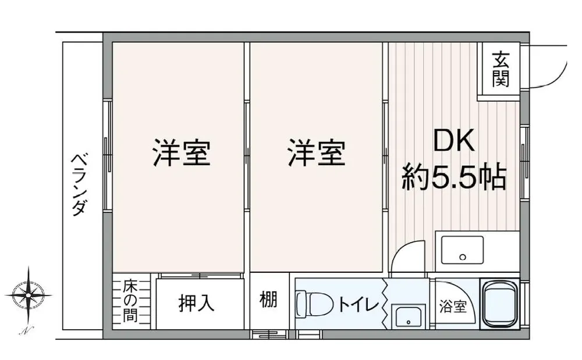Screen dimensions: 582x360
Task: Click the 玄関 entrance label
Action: pyautogui.click(x=501, y=70)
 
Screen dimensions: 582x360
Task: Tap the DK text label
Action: pyautogui.click(x=455, y=141)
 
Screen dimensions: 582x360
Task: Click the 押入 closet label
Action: pyautogui.click(x=197, y=303)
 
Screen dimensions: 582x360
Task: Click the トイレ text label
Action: pyautogui.click(x=358, y=304)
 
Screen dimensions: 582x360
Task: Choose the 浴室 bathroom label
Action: pyautogui.click(x=452, y=306)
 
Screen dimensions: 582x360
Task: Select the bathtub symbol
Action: pyautogui.click(x=500, y=304)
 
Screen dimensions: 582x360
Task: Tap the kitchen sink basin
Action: pyautogui.click(x=462, y=250)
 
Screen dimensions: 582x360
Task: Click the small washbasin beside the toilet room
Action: pyautogui.click(x=409, y=316)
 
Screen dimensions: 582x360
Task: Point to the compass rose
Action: pyautogui.click(x=28, y=295)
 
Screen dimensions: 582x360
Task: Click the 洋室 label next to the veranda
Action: pyautogui.click(x=182, y=153)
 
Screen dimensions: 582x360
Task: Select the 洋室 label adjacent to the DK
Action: pyautogui.click(x=316, y=153)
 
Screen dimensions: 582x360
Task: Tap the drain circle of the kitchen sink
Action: pyautogui.click(x=463, y=256)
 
